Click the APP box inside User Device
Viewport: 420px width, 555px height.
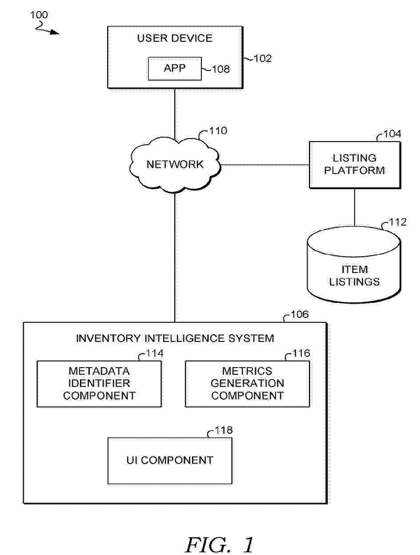point(175,68)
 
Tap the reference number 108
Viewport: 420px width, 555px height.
point(221,69)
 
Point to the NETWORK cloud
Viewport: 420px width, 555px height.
point(175,165)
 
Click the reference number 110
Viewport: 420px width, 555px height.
point(218,131)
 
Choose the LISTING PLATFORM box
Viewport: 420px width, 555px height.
point(354,165)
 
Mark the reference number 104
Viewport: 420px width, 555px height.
point(392,134)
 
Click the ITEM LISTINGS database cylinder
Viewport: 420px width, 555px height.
point(354,266)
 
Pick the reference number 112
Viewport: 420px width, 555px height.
point(398,222)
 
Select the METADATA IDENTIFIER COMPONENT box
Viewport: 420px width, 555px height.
point(99,384)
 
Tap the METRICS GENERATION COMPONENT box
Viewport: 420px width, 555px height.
point(247,384)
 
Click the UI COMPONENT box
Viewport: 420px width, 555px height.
point(170,460)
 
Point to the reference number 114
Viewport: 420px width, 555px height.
point(155,353)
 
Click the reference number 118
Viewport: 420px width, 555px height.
point(224,430)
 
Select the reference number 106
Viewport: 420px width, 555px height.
point(300,315)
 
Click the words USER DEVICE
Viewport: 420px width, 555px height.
point(175,38)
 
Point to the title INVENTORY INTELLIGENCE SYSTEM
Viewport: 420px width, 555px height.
point(175,338)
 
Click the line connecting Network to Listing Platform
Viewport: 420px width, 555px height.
point(265,165)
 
